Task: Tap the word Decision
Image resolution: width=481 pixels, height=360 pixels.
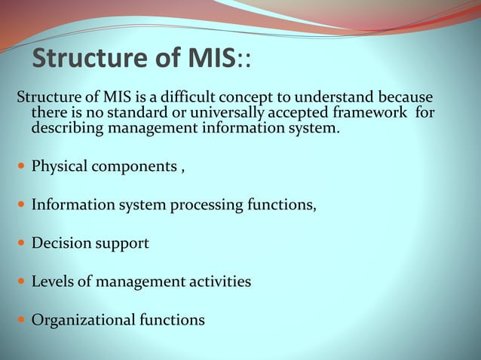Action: click(60, 244)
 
